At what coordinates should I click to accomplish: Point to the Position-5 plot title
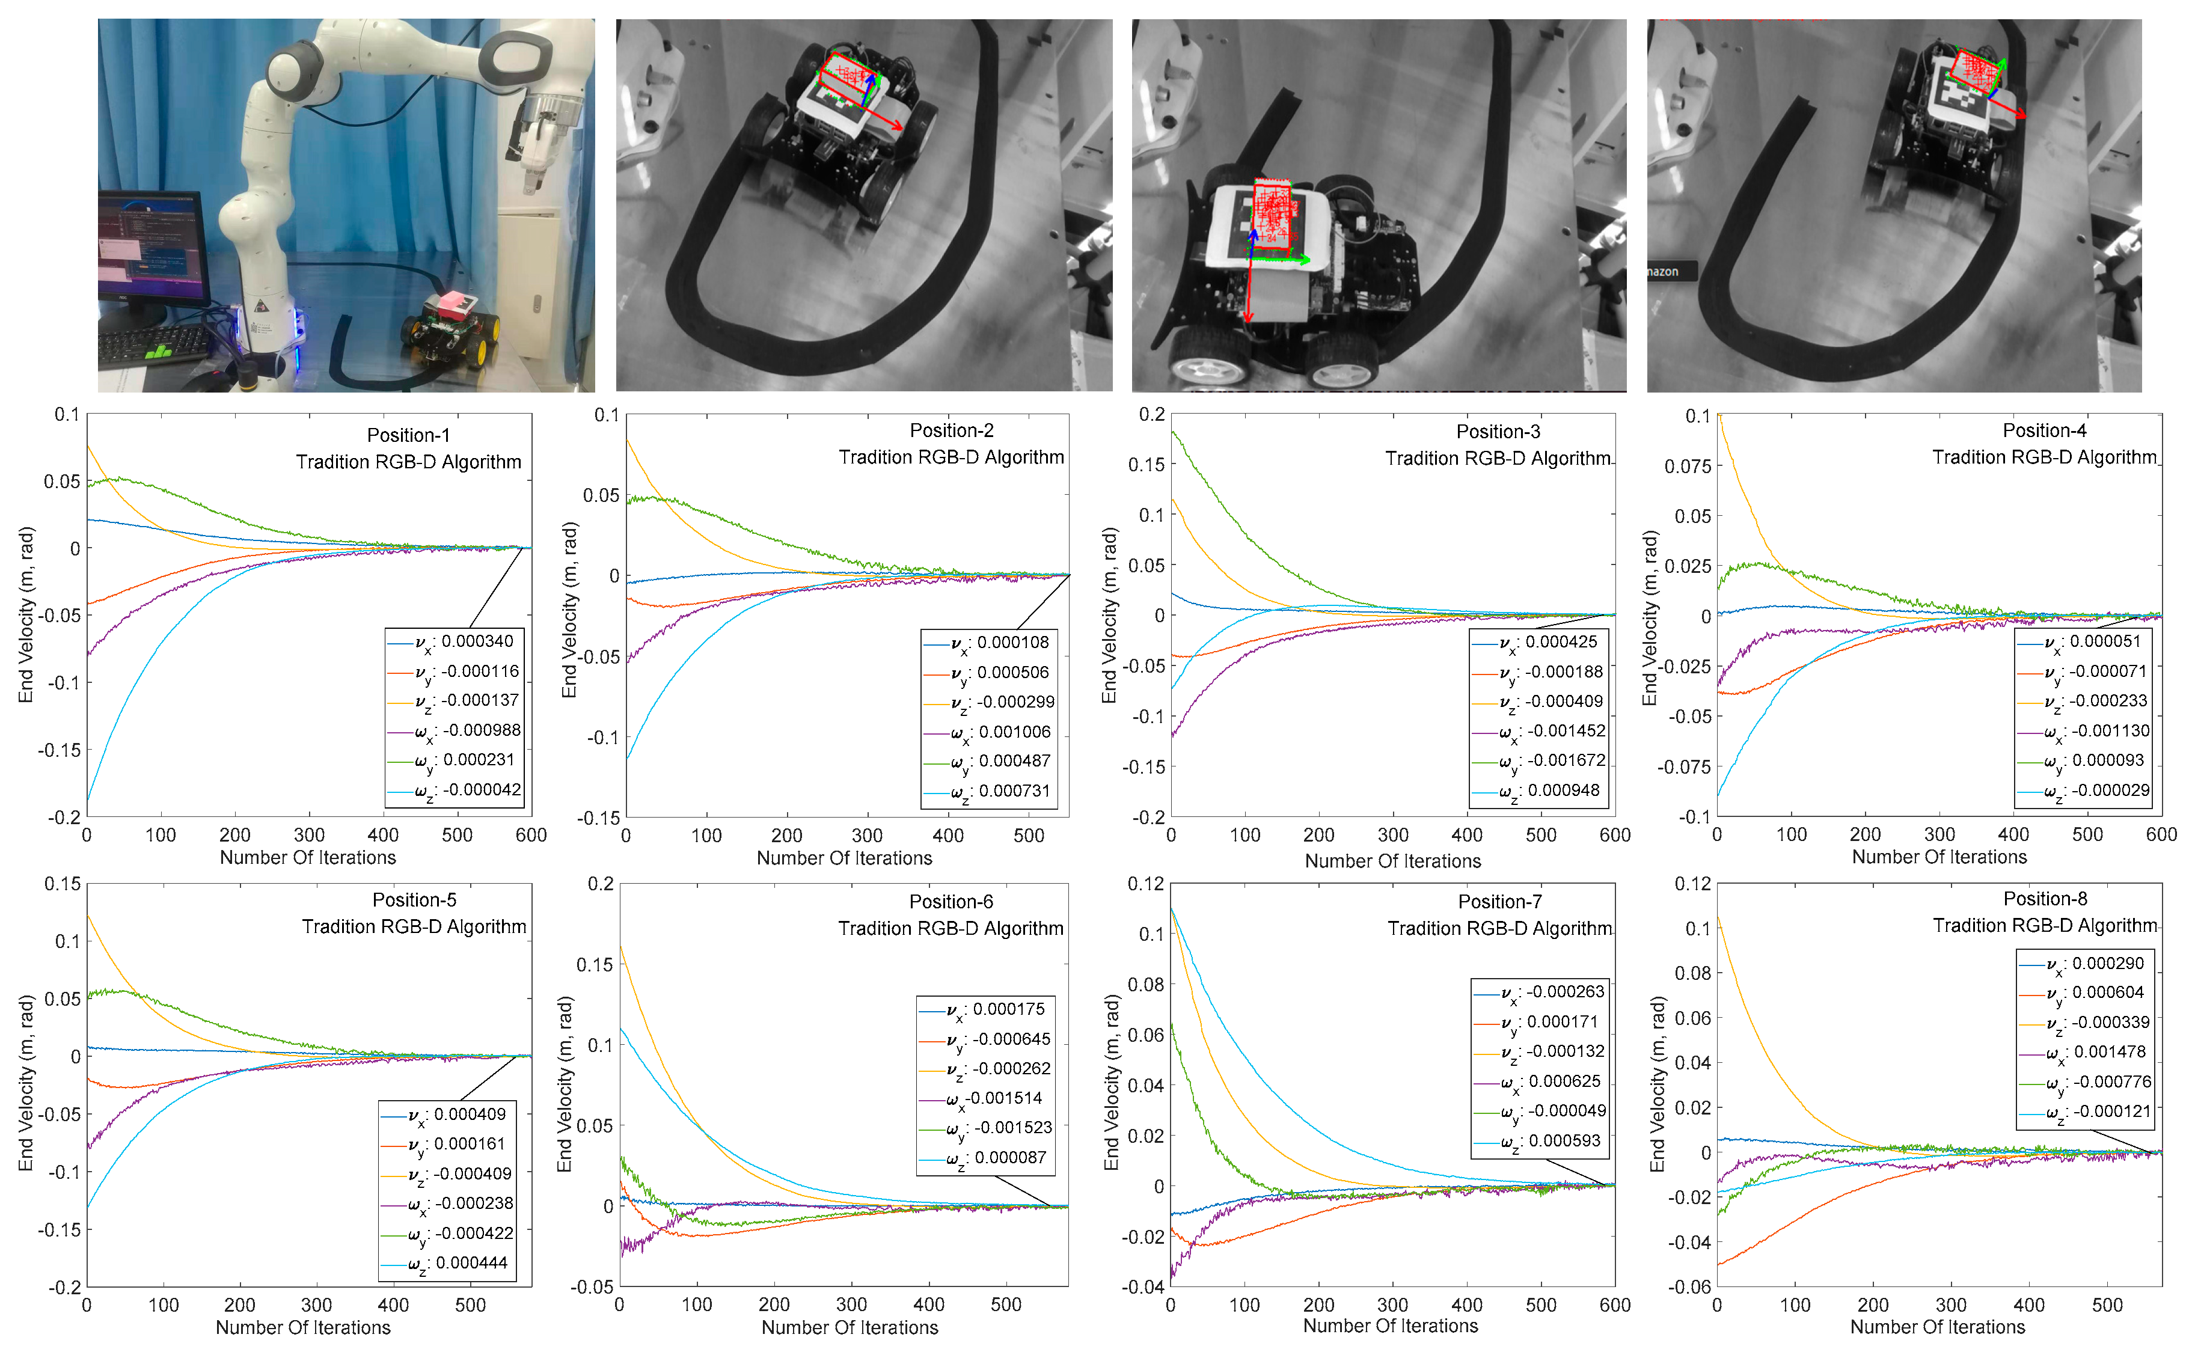[x=414, y=900]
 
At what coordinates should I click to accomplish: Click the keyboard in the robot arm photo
[x=153, y=346]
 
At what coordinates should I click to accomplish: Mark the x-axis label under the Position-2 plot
[x=844, y=858]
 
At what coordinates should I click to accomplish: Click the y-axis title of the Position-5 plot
[x=25, y=1082]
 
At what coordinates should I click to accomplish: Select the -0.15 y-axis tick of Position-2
[x=602, y=818]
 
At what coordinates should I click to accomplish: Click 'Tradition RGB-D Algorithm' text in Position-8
[x=2044, y=925]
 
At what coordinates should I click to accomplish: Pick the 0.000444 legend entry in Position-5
[x=471, y=1263]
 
